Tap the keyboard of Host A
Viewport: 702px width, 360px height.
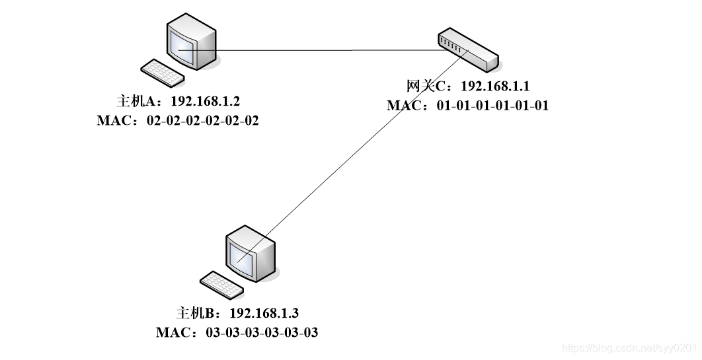163,72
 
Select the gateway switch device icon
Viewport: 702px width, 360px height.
467,49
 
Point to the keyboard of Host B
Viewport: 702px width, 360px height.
221,284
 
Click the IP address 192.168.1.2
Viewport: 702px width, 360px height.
205,102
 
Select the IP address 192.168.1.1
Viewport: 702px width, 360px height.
495,86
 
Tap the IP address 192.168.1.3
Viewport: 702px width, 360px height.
264,313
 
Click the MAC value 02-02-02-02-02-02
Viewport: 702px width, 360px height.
202,121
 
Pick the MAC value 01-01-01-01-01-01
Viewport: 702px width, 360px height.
492,105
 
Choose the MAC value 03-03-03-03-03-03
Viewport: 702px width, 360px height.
262,332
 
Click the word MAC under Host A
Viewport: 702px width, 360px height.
114,121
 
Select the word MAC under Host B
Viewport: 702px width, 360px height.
174,332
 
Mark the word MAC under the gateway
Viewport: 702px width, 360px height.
405,105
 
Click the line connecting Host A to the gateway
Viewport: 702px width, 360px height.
331,50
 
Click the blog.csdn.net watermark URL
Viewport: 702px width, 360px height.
628,347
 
